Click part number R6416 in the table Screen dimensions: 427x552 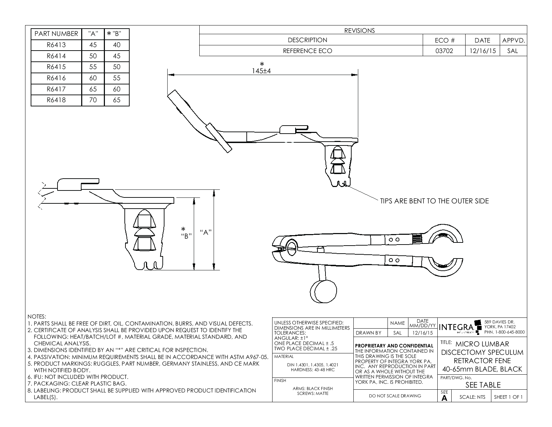point(56,78)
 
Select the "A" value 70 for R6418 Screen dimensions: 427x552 point(93,100)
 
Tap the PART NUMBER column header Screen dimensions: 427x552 point(56,34)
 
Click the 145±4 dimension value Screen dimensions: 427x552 point(261,71)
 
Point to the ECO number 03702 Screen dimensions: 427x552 point(444,51)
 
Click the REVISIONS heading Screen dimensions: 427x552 point(359,30)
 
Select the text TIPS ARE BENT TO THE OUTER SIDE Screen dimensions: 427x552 point(434,201)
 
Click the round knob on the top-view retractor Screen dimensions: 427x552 point(323,291)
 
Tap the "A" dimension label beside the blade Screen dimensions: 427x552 point(206,232)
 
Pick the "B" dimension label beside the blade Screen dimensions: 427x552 point(186,236)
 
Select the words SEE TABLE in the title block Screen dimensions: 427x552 point(483,385)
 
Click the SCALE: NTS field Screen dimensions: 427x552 point(472,397)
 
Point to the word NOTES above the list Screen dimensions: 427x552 point(37,317)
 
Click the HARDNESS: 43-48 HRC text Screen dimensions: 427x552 point(313,370)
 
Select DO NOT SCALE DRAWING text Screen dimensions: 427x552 point(395,396)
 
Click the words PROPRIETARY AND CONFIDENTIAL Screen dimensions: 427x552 point(394,346)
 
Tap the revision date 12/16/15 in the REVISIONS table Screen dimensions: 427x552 point(482,51)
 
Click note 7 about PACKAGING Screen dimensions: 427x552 point(77,384)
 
